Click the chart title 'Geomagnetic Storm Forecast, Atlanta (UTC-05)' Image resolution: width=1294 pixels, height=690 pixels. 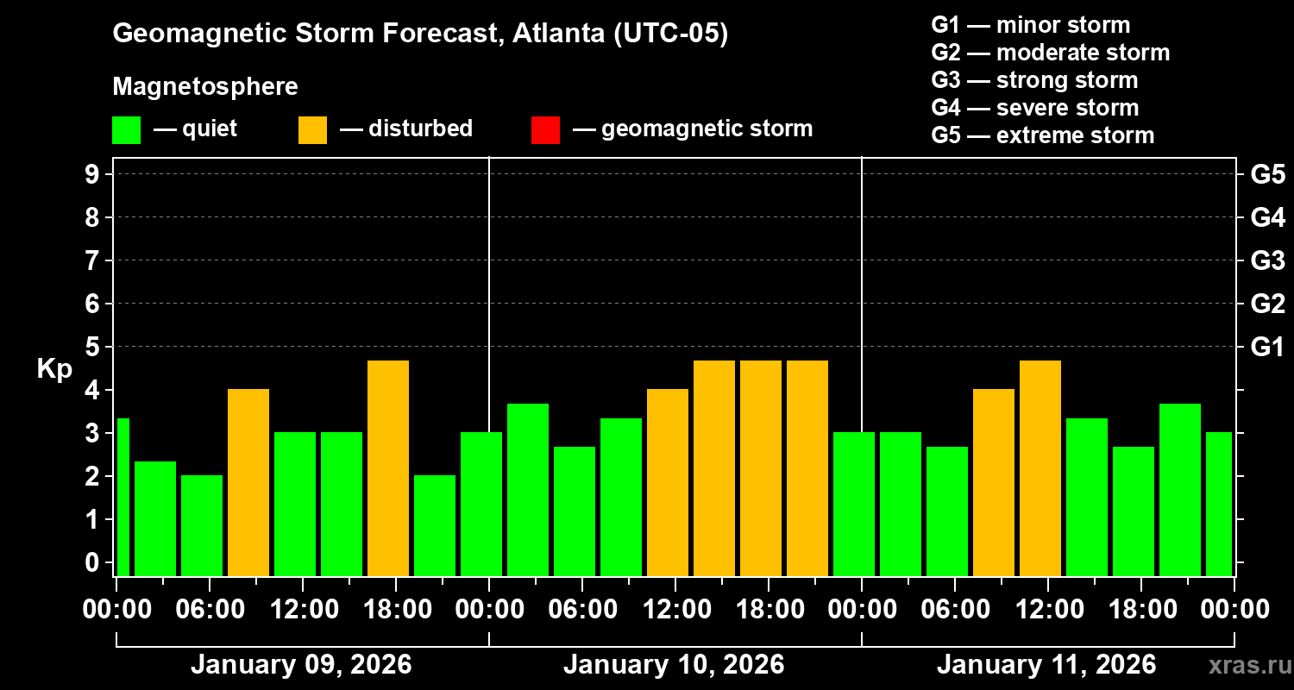click(420, 34)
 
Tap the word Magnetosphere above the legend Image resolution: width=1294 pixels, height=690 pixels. click(205, 87)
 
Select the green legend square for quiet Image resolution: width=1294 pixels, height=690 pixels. click(126, 129)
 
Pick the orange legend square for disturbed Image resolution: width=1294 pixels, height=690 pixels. click(312, 129)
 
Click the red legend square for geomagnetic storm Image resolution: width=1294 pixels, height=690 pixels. click(545, 129)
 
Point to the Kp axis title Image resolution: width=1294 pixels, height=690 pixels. click(54, 369)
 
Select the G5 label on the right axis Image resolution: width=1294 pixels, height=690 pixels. click(1267, 174)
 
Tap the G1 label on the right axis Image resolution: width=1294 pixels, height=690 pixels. click(1267, 348)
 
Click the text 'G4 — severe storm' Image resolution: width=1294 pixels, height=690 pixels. click(1034, 108)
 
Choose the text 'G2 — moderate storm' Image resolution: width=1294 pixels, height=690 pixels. click(1050, 53)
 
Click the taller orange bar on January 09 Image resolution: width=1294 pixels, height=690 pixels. click(388, 467)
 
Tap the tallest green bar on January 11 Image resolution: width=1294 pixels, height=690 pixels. click(1180, 489)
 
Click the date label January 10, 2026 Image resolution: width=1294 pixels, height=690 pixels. click(674, 665)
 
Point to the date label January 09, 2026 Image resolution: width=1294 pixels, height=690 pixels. click(301, 665)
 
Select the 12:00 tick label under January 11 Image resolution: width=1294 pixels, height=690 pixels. click(1047, 609)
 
